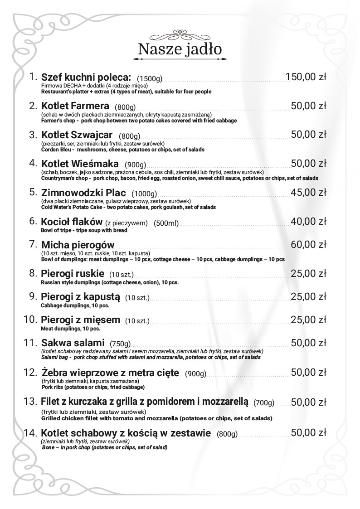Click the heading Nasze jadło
[180, 48]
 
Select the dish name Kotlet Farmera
[75, 107]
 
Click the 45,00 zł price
[308, 192]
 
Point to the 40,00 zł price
[308, 221]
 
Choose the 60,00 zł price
[308, 245]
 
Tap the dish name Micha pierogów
[78, 245]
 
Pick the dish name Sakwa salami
[73, 342]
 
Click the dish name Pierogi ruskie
[73, 274]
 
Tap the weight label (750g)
[120, 343]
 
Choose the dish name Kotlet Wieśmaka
[80, 164]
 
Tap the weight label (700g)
[264, 402]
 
